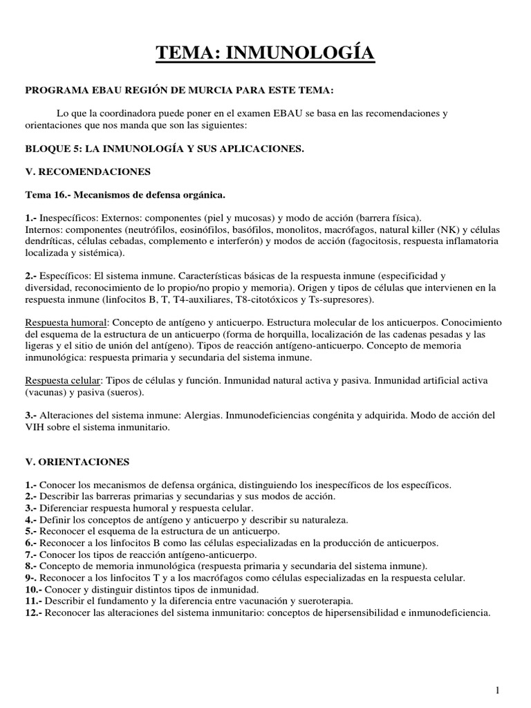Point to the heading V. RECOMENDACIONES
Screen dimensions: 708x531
click(87, 171)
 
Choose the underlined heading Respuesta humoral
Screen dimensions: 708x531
click(66, 323)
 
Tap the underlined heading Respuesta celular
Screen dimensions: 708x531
click(63, 381)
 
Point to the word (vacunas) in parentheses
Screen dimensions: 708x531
click(47, 393)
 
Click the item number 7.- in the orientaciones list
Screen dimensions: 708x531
click(30, 555)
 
